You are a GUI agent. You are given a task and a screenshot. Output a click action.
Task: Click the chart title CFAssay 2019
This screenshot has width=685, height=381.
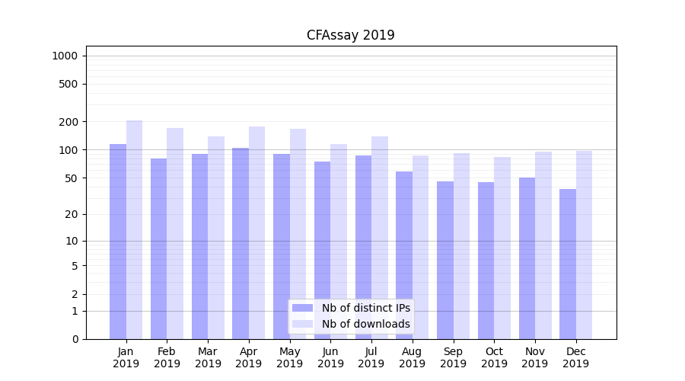(x=350, y=35)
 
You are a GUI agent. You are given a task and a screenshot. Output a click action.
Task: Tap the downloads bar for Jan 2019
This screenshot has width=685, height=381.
(x=134, y=229)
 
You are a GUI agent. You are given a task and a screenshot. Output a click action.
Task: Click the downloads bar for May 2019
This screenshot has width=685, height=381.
(x=298, y=233)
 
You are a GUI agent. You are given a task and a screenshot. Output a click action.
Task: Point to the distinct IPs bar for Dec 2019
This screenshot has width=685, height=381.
(x=568, y=264)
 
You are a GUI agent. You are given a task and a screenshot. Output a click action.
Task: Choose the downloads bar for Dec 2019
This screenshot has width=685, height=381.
(x=584, y=244)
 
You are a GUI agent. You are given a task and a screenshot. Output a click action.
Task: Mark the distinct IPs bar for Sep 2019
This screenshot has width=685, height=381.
(x=445, y=259)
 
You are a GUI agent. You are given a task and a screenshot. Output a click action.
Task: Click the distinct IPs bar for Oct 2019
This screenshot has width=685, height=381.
(x=486, y=260)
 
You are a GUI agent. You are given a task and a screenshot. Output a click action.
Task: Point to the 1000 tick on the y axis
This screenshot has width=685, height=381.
(x=65, y=56)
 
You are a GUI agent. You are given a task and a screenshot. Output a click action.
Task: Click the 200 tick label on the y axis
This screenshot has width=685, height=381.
(x=68, y=122)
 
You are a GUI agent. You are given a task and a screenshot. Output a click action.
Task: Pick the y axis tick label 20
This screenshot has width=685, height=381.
(x=72, y=214)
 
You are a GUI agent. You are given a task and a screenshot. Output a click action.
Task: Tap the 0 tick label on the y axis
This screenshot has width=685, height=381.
(x=75, y=339)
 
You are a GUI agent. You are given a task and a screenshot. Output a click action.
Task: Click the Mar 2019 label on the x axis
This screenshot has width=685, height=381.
(x=208, y=357)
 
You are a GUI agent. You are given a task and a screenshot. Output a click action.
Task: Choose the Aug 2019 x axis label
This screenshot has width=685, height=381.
(x=413, y=357)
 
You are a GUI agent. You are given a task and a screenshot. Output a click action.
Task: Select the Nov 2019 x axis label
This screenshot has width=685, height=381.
(x=535, y=357)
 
